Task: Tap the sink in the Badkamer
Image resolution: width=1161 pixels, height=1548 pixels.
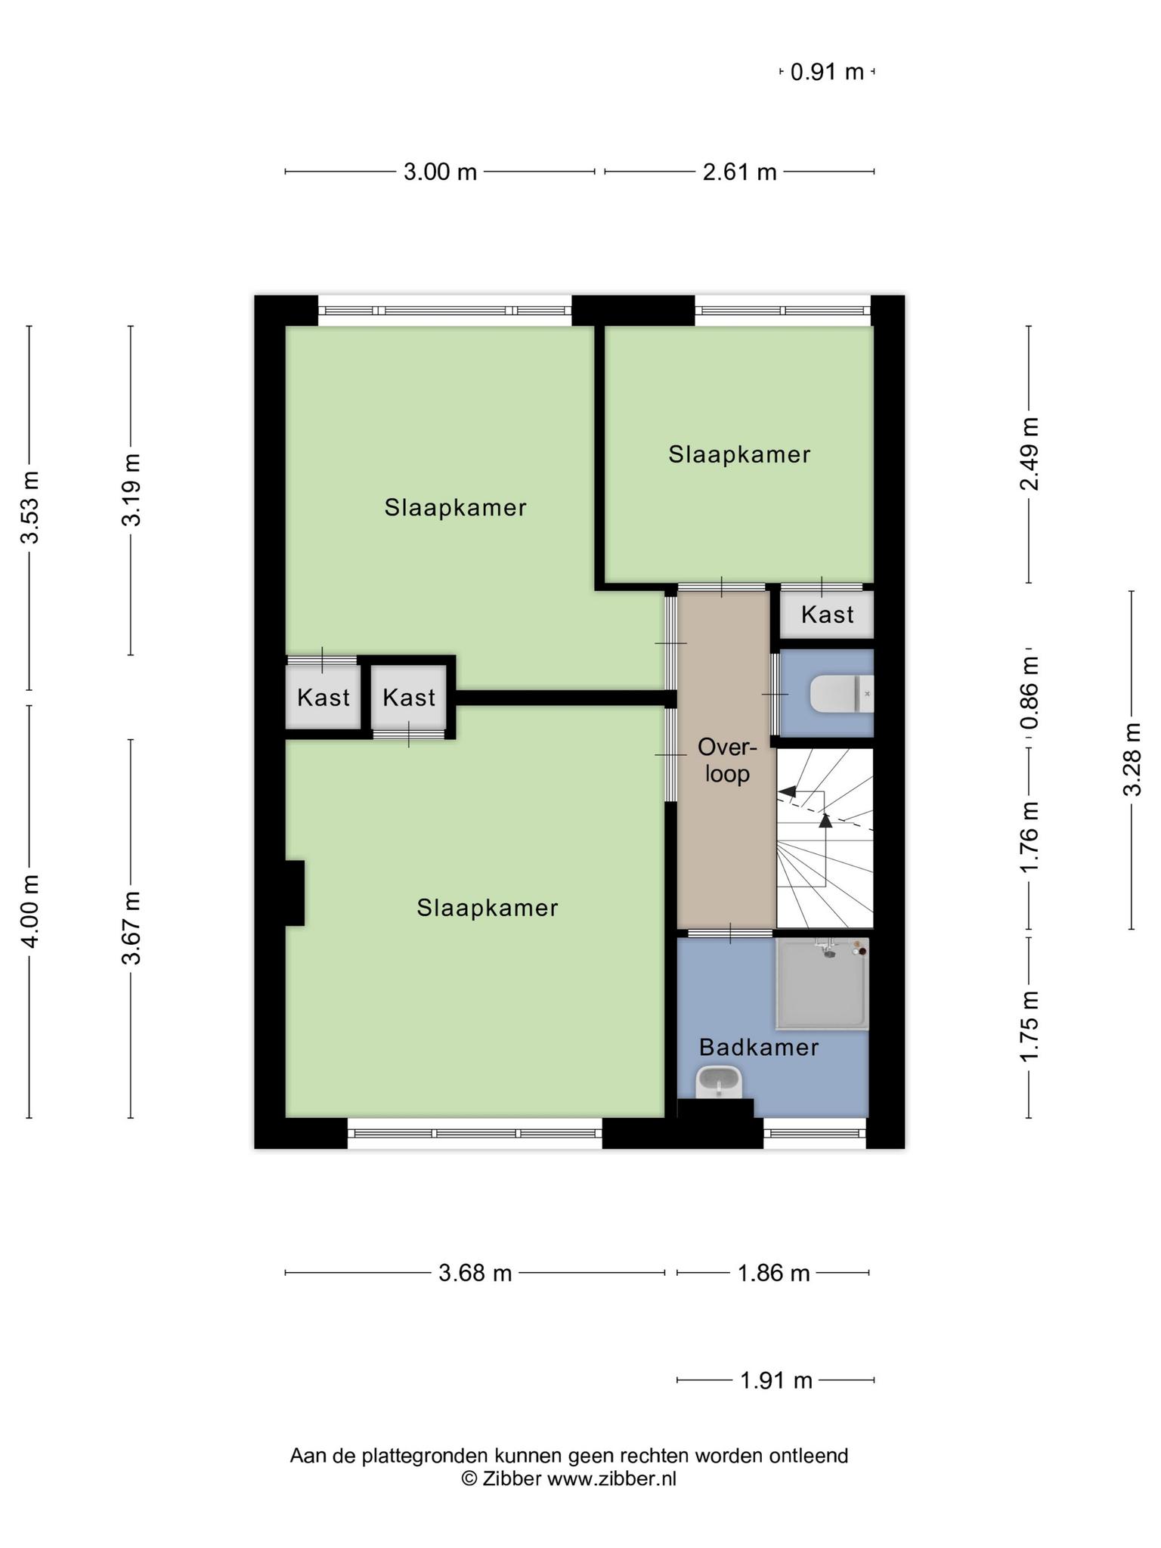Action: [x=718, y=1082]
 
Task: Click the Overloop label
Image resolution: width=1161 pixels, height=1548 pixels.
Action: [x=726, y=760]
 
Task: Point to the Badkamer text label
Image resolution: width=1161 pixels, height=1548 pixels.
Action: [x=758, y=1047]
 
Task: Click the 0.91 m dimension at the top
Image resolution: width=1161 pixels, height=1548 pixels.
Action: [x=827, y=73]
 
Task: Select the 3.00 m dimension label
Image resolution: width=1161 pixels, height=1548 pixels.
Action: [x=440, y=172]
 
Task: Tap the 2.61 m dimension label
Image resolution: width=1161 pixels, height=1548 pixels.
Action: [x=739, y=172]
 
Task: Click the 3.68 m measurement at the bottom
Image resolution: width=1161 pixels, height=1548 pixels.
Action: [x=475, y=1274]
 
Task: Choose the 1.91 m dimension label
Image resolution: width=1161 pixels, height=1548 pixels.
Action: [x=776, y=1381]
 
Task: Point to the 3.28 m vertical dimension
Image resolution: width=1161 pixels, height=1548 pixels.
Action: [x=1131, y=759]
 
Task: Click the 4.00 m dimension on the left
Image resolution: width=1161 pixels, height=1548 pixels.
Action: [x=29, y=910]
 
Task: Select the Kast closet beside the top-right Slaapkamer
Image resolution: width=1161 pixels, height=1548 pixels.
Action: [x=827, y=615]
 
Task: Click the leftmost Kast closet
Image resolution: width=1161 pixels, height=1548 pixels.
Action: [x=323, y=697]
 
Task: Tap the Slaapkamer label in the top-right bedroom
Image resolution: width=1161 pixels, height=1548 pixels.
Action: [x=738, y=454]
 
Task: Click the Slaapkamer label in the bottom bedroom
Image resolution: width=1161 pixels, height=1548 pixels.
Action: [x=487, y=908]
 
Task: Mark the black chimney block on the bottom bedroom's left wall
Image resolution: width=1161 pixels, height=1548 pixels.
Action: [x=294, y=893]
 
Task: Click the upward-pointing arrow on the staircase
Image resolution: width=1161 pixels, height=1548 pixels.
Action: [x=825, y=819]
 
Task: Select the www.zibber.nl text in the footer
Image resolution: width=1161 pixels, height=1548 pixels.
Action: [x=611, y=1479]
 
